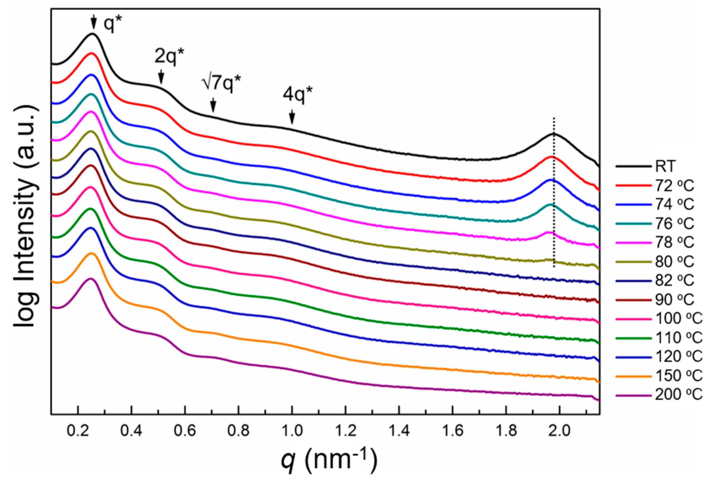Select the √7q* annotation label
(221, 83)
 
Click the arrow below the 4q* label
(292, 118)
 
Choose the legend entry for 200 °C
(679, 394)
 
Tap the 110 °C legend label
(679, 338)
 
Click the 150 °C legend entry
(679, 376)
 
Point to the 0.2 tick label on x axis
(78, 431)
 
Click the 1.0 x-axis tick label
(292, 431)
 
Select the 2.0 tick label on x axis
(560, 431)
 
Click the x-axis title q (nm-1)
(329, 460)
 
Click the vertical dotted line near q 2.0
(554, 197)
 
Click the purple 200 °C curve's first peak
(91, 279)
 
